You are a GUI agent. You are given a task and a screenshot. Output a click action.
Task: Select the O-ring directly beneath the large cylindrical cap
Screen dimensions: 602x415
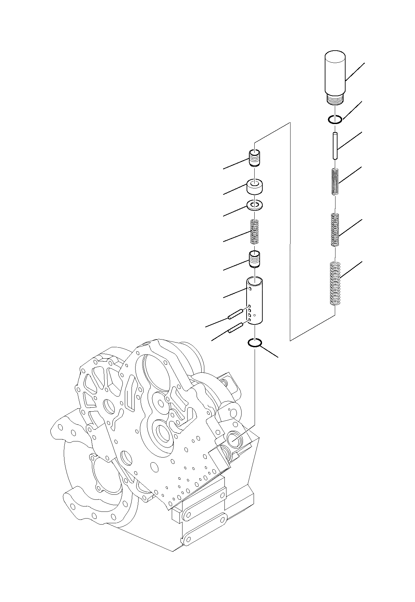[335, 120]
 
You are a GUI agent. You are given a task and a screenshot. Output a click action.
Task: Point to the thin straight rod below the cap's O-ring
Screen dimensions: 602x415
[335, 146]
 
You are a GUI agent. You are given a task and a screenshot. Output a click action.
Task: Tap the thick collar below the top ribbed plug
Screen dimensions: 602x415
[255, 187]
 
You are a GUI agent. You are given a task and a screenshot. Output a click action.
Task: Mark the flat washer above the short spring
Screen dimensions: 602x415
[255, 205]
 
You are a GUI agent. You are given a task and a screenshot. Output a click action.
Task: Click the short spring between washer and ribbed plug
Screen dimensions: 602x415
[255, 231]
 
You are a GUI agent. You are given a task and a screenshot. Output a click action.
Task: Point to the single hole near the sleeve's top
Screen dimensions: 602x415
[250, 288]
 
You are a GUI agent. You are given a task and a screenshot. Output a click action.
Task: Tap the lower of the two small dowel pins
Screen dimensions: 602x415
[235, 328]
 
